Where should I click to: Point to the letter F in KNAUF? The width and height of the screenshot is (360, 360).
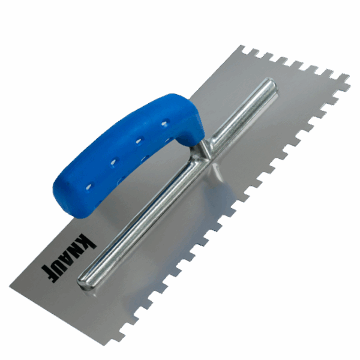click(x=47, y=274)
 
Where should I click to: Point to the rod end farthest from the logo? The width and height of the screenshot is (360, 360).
click(x=271, y=84)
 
